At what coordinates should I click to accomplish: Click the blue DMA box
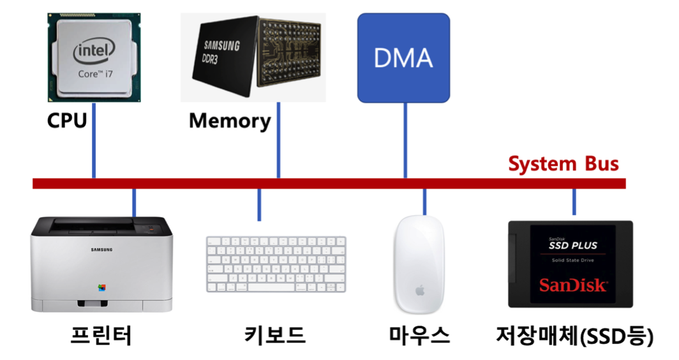coord(403,58)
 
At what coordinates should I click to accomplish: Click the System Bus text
coord(563,164)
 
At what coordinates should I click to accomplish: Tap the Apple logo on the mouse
coord(420,290)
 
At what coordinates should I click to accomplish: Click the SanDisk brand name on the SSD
coord(573,285)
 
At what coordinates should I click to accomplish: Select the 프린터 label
coord(101,334)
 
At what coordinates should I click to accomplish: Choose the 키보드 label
coord(275,334)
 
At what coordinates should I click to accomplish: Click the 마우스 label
coord(419,334)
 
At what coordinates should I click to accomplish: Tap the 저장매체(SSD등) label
coord(574,334)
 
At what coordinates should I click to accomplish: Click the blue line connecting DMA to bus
coord(405,140)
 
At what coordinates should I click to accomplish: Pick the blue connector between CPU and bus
coord(94,153)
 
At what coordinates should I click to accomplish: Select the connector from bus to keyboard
coord(259,205)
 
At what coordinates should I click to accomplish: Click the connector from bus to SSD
coord(574,202)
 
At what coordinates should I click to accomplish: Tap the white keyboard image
coord(276,264)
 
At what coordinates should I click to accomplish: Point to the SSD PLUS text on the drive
coord(573,245)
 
